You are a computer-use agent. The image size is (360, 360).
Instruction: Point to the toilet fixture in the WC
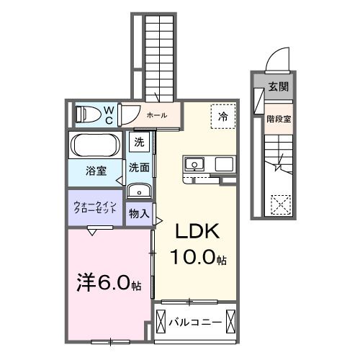[88, 114]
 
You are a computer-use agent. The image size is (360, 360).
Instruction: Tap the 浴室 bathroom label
[96, 171]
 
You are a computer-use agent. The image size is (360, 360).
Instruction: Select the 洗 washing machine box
[138, 142]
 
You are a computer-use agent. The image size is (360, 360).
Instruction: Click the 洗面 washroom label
[138, 167]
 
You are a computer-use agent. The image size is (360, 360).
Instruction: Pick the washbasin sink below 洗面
[138, 192]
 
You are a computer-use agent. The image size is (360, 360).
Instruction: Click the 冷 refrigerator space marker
[223, 115]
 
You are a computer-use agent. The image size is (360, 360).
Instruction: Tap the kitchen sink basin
[193, 164]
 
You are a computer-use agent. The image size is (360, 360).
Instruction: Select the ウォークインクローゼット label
[95, 208]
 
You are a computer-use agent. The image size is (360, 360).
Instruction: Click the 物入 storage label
[138, 214]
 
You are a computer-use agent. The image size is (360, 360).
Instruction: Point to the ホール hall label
[156, 115]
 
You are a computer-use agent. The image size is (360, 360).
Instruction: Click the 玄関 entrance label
[278, 88]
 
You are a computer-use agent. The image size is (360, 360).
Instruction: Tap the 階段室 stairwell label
[279, 120]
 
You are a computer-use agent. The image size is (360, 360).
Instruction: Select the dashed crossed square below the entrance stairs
[279, 204]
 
